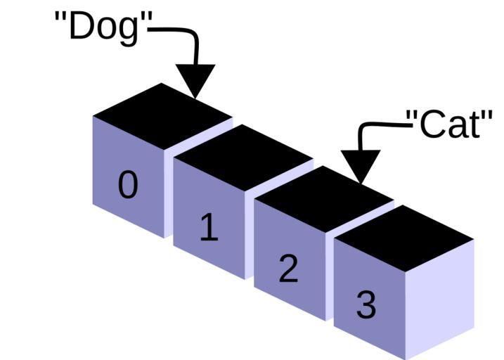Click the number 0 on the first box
pyautogui.click(x=128, y=186)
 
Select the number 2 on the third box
pyautogui.click(x=288, y=269)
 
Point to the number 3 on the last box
pyautogui.click(x=366, y=305)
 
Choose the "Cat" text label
pyautogui.click(x=450, y=124)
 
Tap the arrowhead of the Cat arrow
pyautogui.click(x=360, y=165)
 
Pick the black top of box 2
pyautogui.click(x=324, y=196)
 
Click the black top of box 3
pyautogui.click(x=404, y=237)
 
